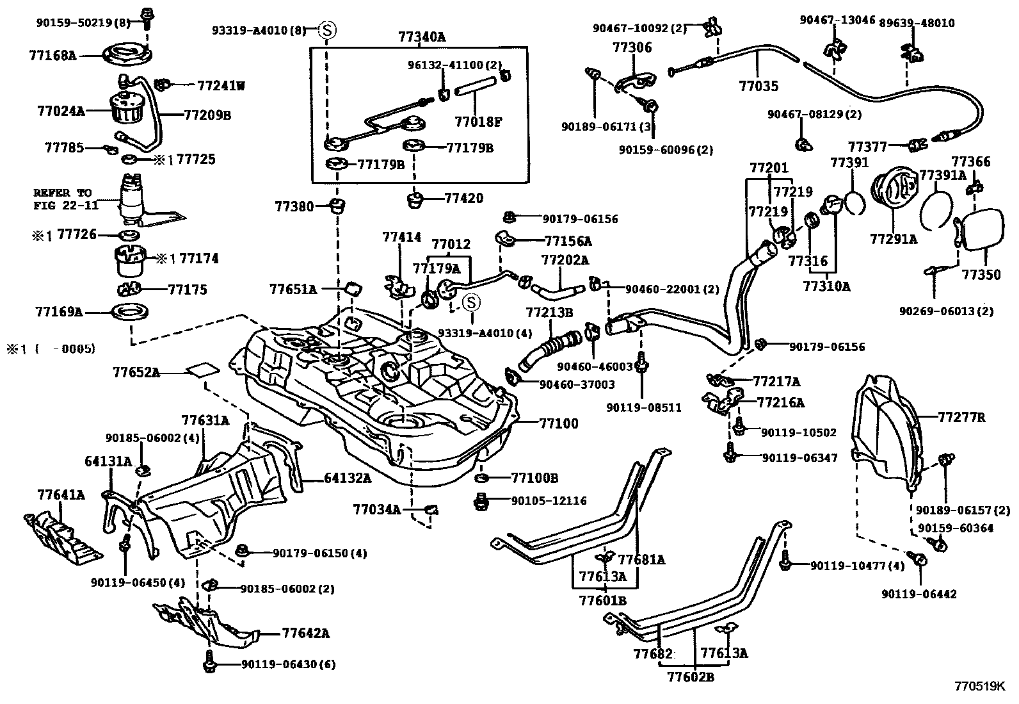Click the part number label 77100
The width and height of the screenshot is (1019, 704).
558,423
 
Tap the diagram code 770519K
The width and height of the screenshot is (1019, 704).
979,686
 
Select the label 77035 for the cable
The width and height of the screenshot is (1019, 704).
758,85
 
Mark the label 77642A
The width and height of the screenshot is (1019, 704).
305,634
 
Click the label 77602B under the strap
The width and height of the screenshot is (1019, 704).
691,676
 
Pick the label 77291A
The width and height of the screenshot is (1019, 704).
893,239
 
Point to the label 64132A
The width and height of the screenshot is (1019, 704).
347,478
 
